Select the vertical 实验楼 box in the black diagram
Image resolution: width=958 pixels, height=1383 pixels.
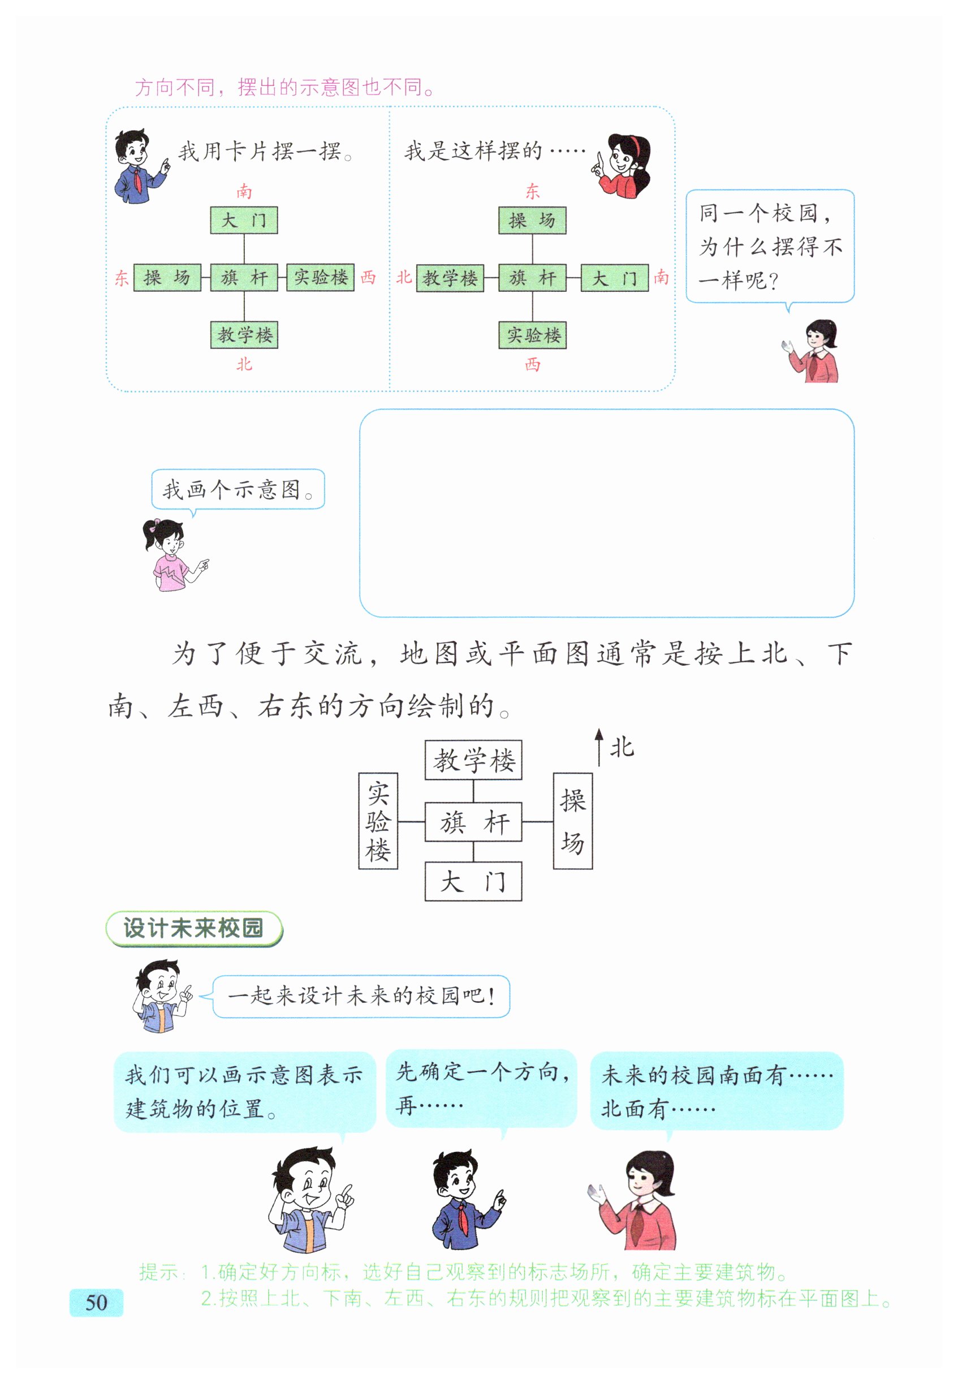378,821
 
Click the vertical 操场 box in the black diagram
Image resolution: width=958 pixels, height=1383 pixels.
572,821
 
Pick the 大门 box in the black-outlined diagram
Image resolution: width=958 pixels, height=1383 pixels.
473,881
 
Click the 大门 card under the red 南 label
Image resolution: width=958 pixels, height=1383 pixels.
244,220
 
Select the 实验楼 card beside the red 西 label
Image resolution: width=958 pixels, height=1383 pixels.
321,277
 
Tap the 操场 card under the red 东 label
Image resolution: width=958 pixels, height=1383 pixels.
532,220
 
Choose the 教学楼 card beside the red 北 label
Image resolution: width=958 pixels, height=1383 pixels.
450,278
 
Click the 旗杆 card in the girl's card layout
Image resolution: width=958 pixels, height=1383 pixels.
532,278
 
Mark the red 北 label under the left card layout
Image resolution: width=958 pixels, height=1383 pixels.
244,364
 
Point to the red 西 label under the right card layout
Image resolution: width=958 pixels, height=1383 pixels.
532,364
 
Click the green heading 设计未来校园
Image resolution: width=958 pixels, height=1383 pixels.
193,928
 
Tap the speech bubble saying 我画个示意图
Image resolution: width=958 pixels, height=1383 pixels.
238,489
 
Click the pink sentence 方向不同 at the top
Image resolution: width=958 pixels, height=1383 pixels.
284,88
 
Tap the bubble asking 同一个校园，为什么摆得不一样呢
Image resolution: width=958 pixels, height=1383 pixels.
770,246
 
